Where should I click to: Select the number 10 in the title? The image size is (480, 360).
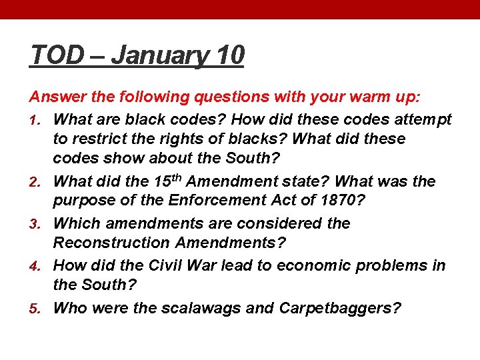click(230, 55)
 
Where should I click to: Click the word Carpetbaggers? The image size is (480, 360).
click(340, 308)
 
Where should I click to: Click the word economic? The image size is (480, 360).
click(313, 265)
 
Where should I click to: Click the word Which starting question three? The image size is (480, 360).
click(75, 223)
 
